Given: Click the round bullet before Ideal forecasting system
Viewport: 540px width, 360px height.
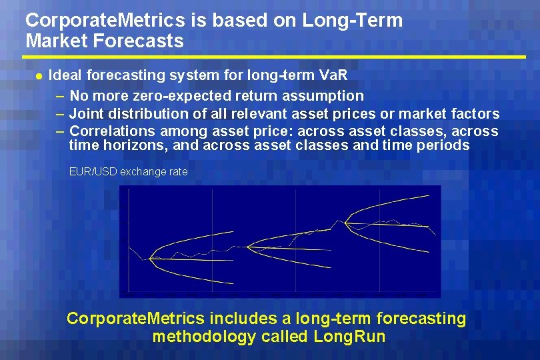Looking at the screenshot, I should pyautogui.click(x=38, y=77).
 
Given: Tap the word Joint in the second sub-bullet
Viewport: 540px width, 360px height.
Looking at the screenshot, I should pyautogui.click(x=87, y=113).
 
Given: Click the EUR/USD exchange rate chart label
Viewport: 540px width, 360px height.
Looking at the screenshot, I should pyautogui.click(x=129, y=172).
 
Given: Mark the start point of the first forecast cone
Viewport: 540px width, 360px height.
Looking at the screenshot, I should pyautogui.click(x=150, y=258).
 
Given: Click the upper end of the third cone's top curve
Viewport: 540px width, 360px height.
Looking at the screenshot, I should pyautogui.click(x=429, y=195).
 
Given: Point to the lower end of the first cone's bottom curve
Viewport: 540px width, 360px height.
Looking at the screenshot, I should pyautogui.click(x=233, y=283).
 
